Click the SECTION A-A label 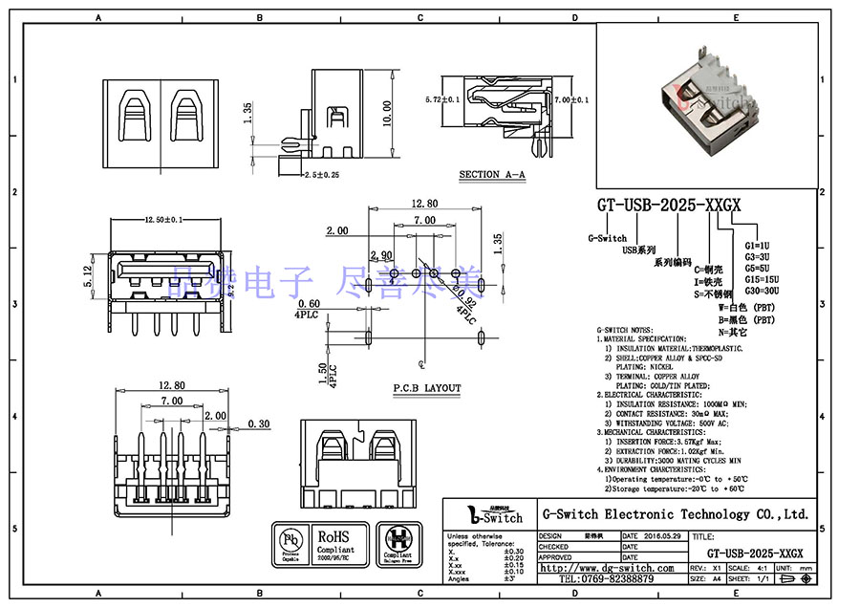[x=492, y=174]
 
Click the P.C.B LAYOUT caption [x=426, y=388]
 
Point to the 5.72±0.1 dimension [x=442, y=99]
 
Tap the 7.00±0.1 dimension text [x=570, y=99]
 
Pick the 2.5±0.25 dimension [x=322, y=176]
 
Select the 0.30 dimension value [x=257, y=423]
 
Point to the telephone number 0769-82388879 [x=606, y=579]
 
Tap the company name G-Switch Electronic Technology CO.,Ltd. [x=676, y=514]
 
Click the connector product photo [x=707, y=105]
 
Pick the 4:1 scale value [x=762, y=568]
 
